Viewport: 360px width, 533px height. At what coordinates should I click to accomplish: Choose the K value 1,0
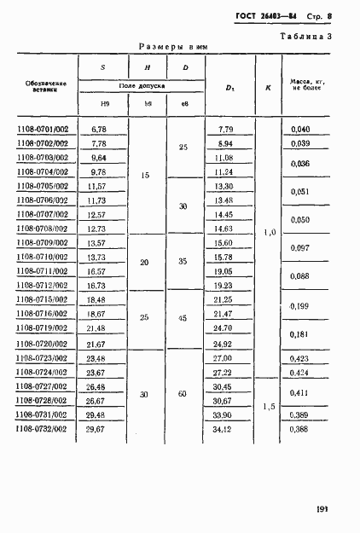268,232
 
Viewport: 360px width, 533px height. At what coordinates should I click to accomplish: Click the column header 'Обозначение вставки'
41,86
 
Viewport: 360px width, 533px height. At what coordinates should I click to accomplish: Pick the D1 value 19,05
225,271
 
